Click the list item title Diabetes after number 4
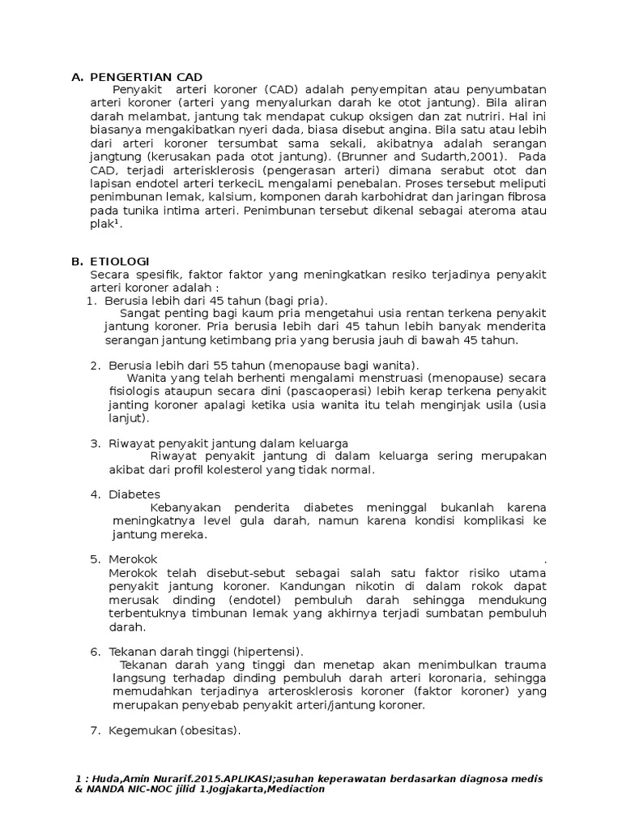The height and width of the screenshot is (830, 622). (x=134, y=494)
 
